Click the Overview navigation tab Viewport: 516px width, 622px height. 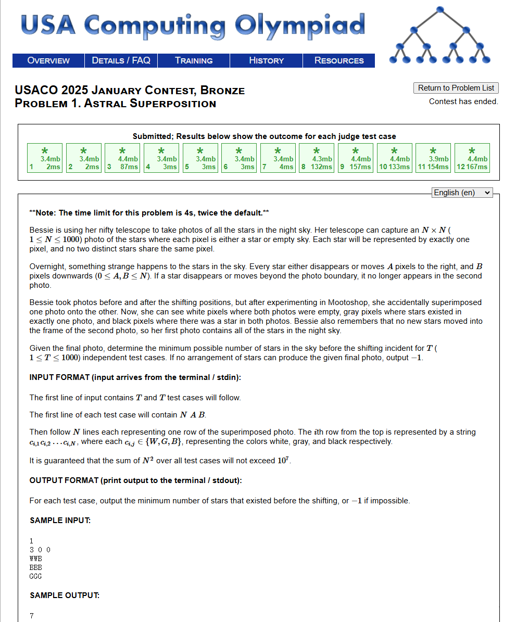48,60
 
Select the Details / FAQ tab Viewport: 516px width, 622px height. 121,60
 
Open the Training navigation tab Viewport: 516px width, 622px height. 194,60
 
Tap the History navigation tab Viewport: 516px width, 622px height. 266,60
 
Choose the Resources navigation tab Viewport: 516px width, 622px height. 339,60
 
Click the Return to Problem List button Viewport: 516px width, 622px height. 456,88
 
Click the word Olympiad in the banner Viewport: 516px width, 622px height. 299,24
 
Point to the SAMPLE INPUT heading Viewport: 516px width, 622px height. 60,520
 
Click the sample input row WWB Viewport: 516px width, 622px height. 35,558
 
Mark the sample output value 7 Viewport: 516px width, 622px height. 32,616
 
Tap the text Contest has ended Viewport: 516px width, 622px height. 463,101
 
